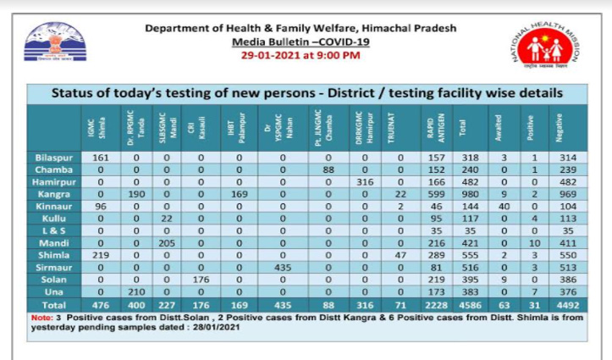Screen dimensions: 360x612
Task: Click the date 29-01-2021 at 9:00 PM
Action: [301, 55]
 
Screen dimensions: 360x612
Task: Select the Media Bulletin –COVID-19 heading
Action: [301, 41]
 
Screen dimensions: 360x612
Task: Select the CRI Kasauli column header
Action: [201, 128]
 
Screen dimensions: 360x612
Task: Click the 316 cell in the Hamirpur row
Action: [367, 182]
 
